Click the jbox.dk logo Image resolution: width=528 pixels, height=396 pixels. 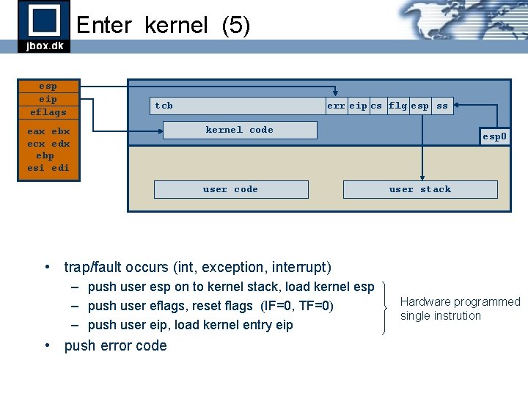(44, 26)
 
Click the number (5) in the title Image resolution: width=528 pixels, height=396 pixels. (235, 26)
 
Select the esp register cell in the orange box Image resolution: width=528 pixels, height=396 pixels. (48, 87)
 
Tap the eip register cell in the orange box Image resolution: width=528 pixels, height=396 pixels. (48, 99)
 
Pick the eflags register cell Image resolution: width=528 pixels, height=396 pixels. (48, 112)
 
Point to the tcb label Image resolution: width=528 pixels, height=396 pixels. (164, 106)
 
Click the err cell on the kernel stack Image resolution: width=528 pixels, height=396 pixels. (336, 106)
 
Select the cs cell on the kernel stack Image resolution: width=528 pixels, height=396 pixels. (376, 106)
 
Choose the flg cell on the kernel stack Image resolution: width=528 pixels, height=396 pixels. (397, 106)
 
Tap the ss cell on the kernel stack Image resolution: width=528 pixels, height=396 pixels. (442, 106)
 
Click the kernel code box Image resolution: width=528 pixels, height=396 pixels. (240, 130)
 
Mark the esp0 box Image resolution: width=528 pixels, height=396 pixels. (494, 136)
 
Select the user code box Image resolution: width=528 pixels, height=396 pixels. (230, 189)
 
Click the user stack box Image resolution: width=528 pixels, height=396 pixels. (420, 189)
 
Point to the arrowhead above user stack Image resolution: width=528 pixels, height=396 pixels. (421, 177)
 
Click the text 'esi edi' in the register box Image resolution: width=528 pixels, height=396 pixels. (48, 168)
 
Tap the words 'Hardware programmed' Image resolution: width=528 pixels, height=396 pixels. (460, 301)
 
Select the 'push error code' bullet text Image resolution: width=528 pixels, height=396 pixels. (116, 345)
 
